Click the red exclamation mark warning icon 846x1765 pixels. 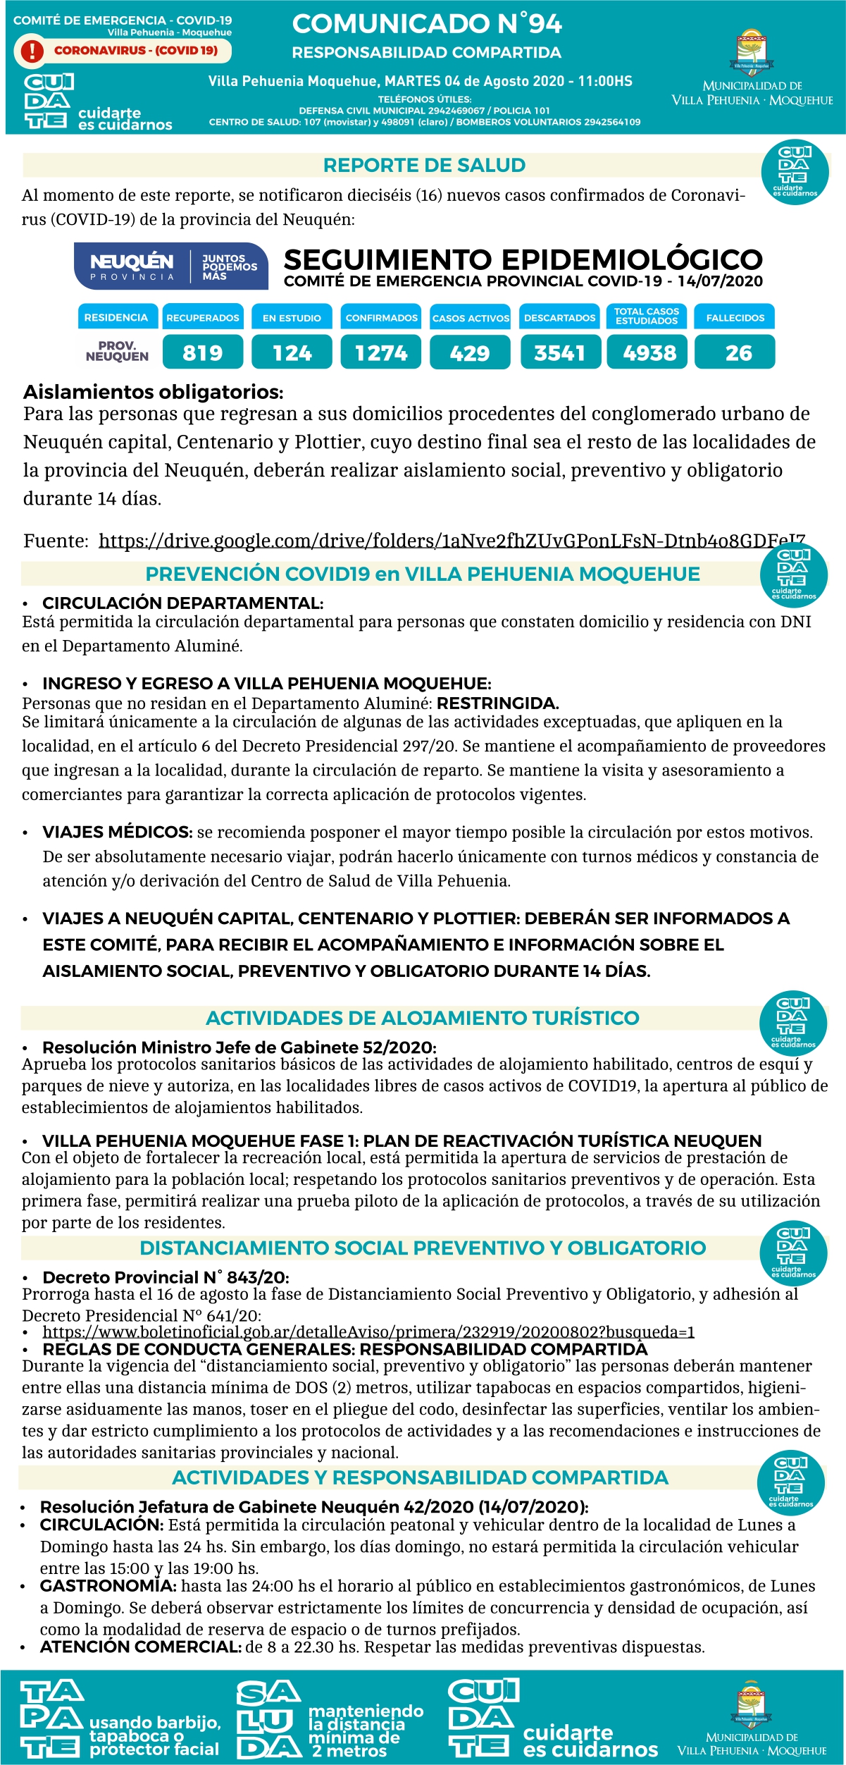point(32,51)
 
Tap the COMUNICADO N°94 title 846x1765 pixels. point(427,24)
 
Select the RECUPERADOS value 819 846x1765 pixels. point(203,352)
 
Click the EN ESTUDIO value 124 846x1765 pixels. point(292,352)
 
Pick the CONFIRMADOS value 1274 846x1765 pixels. point(381,352)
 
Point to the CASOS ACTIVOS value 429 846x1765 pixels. point(470,352)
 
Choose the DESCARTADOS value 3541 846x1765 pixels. point(560,352)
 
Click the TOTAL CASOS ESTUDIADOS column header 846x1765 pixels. point(647,316)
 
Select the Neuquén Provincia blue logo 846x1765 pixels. point(171,266)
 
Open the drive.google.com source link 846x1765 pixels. point(452,541)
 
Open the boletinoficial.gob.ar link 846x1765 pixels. point(368,1332)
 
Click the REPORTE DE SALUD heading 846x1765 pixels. point(424,166)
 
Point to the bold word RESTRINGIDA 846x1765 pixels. point(497,703)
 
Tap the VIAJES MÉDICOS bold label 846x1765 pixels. point(117,832)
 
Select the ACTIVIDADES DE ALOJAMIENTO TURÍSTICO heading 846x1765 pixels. point(422,1018)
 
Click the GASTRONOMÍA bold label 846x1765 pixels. point(108,1586)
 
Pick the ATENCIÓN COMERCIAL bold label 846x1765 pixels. point(141,1647)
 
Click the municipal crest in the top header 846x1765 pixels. point(752,51)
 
